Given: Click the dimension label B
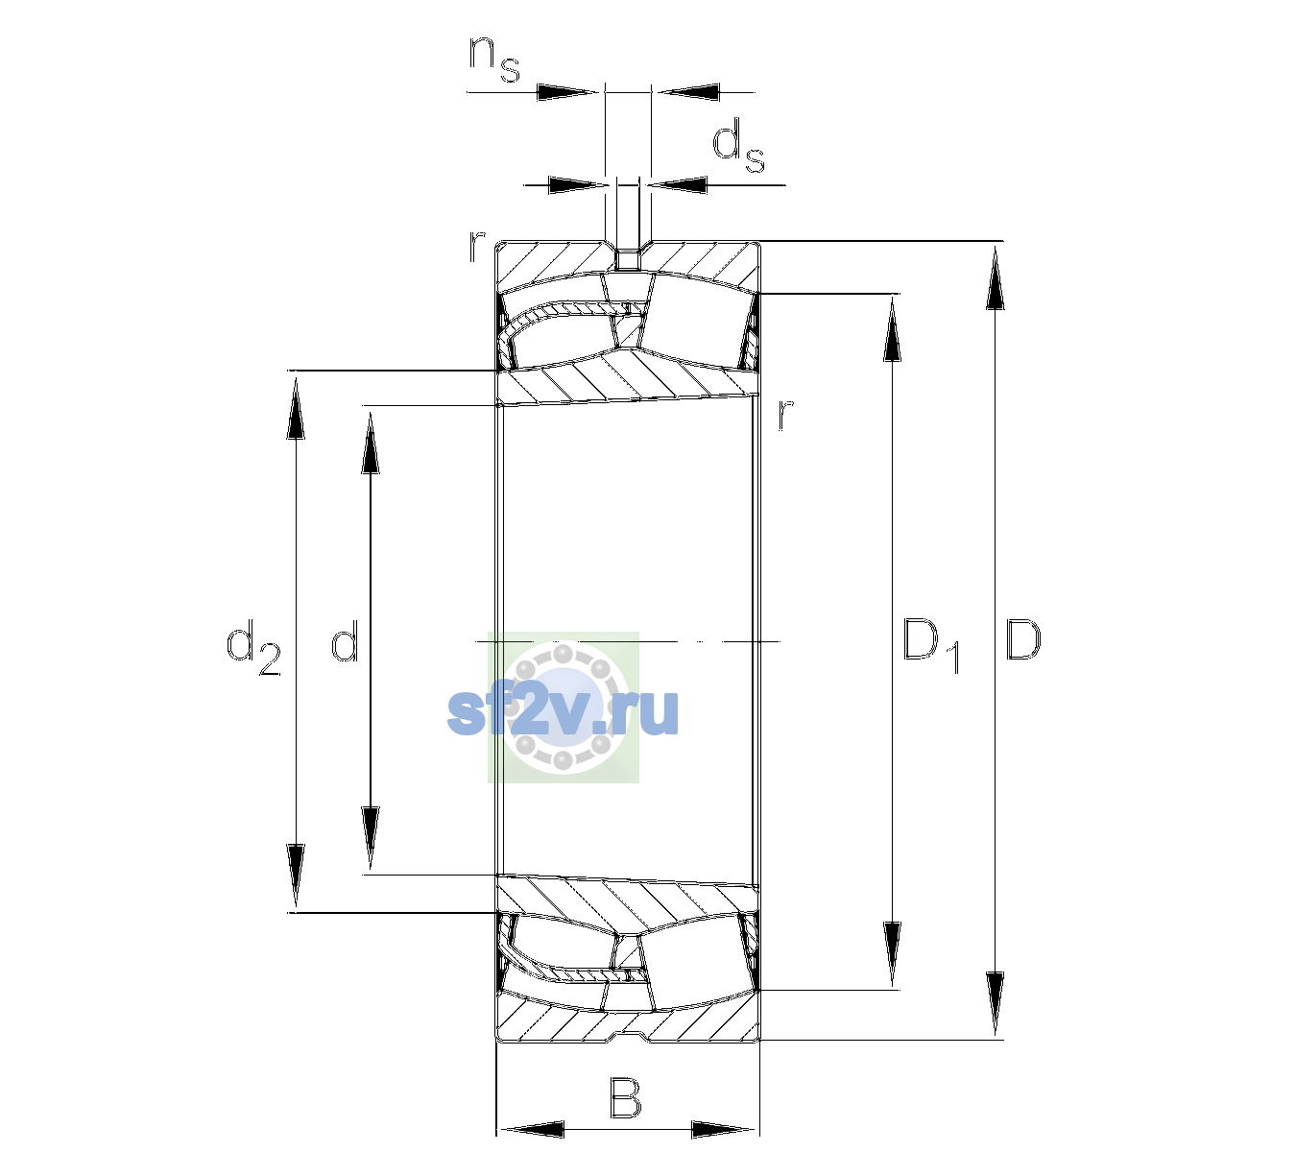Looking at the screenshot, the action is point(625,1097).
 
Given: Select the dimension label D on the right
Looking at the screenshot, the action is point(1022,639).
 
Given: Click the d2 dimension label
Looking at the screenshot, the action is point(254,647).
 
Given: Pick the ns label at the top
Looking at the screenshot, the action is point(494,59).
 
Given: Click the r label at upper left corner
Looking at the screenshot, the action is point(477,247).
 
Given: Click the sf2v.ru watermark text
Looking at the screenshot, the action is point(563,711).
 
